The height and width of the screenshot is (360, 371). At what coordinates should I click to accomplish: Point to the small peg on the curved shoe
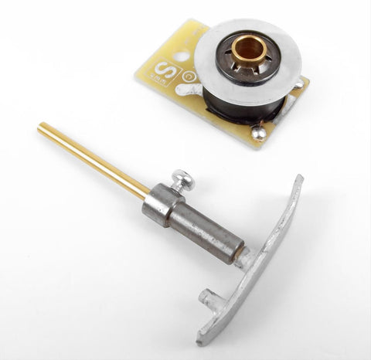206,295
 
